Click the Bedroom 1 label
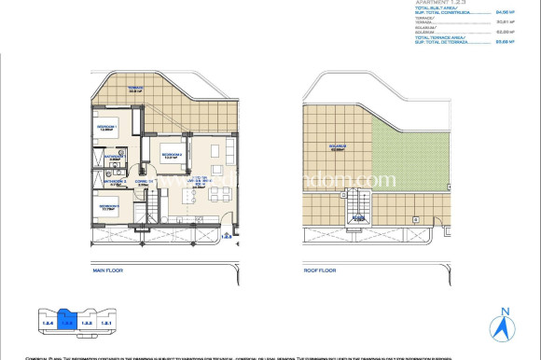pos(108,127)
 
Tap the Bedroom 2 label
pos(171,157)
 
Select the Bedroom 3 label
pos(109,206)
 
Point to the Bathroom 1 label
pos(114,157)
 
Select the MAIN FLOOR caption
pos(109,270)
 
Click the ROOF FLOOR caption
pos(320,270)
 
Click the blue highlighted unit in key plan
pos(66,322)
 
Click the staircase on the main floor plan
pos(145,220)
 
